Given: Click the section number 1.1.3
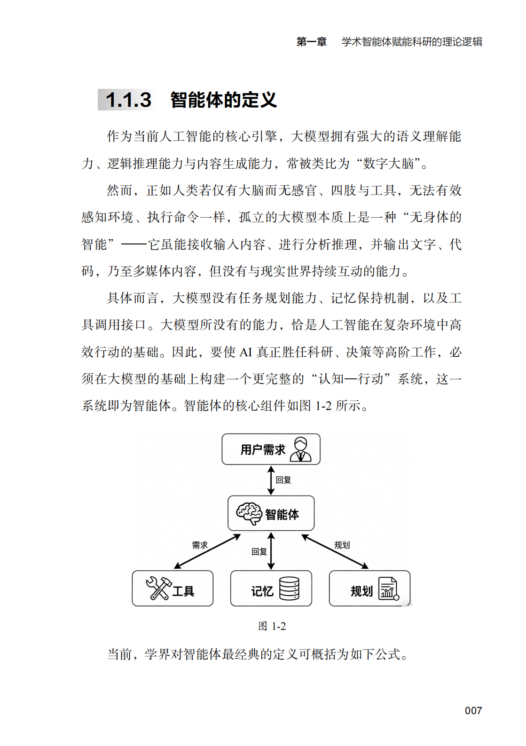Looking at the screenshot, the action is pos(128,100).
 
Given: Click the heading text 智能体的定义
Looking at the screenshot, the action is pos(224,100).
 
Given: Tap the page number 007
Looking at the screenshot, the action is pos(473,710).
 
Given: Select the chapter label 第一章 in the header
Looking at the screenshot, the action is pos(312,42).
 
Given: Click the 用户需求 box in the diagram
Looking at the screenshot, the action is pos(271,449).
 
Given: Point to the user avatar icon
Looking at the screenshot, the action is pos(300,449).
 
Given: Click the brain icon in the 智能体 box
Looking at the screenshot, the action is pos(249,513).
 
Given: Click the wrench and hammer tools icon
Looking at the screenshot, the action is pos(158,588).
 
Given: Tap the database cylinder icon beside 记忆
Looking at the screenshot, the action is pos(289,589).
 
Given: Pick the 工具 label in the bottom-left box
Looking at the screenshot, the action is pos(183,591).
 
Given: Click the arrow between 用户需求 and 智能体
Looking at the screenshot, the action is pos(271,480).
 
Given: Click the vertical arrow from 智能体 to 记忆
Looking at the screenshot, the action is pos(271,551).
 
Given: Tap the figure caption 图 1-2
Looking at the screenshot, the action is pos(272,626).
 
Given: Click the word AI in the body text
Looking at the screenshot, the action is pos(245,352).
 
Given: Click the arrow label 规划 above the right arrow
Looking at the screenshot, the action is pos(342,545).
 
